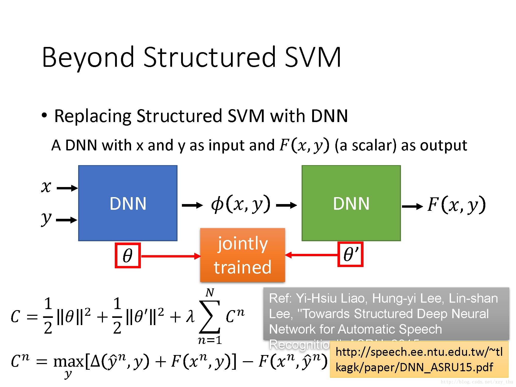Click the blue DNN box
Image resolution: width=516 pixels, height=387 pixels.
[x=128, y=203]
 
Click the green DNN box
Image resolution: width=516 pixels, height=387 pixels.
[x=351, y=203]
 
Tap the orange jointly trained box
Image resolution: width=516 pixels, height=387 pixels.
[x=243, y=255]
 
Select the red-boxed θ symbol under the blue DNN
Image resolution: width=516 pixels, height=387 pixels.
[x=127, y=255]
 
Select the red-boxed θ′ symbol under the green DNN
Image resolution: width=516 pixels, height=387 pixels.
[x=350, y=254]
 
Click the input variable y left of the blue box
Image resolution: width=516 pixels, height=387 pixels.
[x=46, y=219]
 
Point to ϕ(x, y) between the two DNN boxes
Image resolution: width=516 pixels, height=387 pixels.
[x=240, y=204]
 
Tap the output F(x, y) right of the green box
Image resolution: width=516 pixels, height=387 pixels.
[x=456, y=205]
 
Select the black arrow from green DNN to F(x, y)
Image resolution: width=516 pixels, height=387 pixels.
[x=412, y=206]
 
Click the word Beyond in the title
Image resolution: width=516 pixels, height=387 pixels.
[x=88, y=57]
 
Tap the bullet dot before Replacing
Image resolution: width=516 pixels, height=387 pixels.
[x=44, y=115]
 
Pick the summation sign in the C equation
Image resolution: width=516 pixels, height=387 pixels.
[x=210, y=317]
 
